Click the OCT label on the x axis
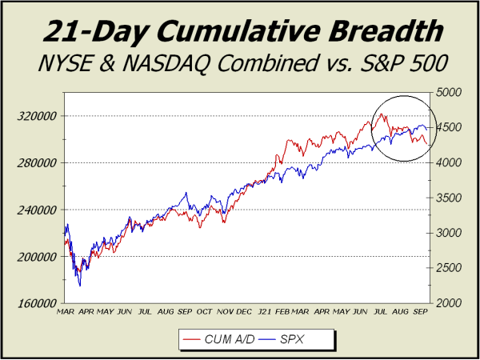point(206,311)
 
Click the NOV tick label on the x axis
point(226,311)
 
